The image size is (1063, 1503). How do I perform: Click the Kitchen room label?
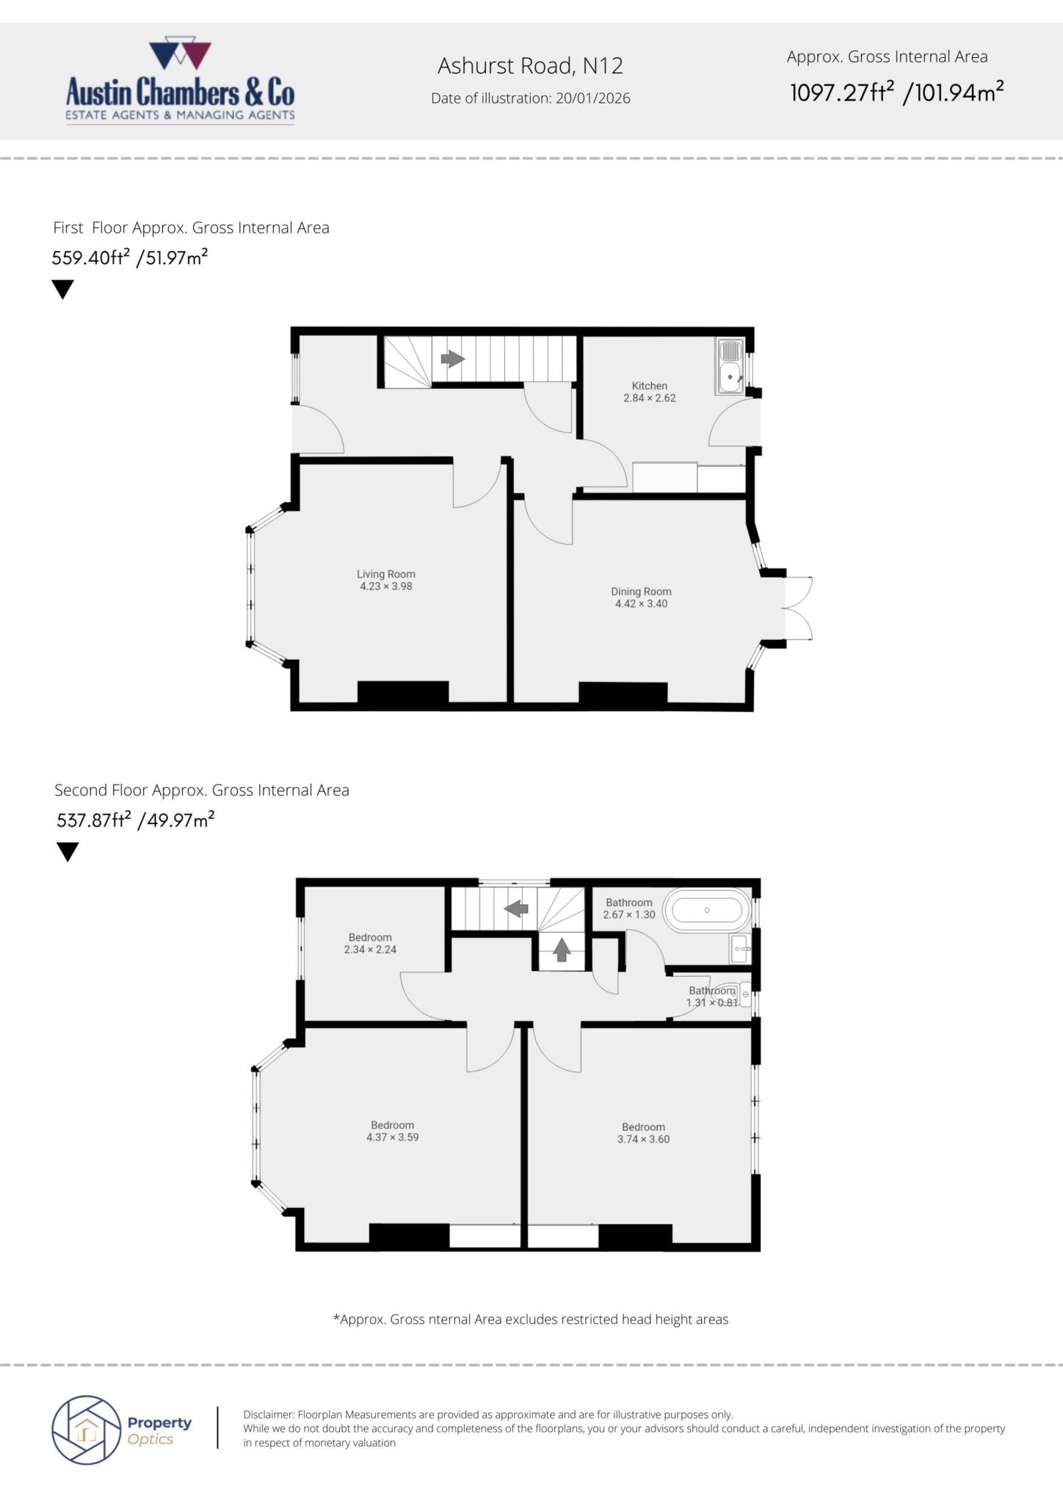650,386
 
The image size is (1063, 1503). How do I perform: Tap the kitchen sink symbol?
730,366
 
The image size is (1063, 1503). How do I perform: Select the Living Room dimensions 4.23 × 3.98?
385,586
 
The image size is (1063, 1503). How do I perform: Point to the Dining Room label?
641,592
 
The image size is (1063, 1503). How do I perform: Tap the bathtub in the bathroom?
707,910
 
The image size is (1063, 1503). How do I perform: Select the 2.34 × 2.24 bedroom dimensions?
370,949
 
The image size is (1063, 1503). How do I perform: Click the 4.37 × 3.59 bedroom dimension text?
392,1137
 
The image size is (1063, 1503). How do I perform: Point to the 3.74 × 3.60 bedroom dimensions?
643,1139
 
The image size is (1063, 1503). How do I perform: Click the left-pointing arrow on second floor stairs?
516,909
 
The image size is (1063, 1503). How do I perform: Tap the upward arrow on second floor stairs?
562,950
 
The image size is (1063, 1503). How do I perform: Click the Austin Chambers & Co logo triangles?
180,56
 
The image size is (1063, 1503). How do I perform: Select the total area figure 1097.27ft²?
841,93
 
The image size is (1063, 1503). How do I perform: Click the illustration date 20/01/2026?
592,98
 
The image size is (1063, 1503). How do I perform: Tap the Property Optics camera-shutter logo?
86,1430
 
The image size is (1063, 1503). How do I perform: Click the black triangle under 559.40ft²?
63,289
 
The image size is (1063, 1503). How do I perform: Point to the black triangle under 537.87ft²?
68,851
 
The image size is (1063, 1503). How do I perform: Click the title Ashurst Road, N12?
530,66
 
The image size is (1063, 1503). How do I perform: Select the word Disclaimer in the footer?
268,1414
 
